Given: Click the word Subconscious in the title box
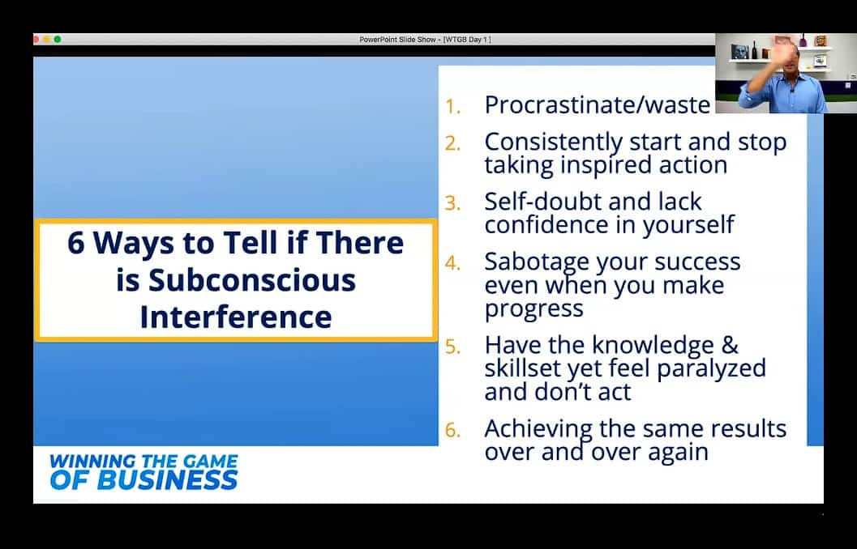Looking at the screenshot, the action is coord(252,280).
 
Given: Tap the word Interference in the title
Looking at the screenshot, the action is coord(236,317).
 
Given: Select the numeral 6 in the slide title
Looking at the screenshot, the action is coord(76,243).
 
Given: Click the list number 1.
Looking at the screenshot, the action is coord(452,106).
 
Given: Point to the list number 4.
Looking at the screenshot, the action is coord(452,263).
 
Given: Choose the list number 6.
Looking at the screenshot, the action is coord(452,430).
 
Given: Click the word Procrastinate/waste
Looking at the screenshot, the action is coord(598,104).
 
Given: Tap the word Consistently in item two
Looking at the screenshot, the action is coord(553,143).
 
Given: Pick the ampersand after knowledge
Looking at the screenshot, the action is coord(730,345).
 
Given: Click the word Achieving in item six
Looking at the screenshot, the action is coord(538,429).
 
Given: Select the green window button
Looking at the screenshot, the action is coord(58,40).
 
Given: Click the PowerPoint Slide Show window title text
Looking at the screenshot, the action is coord(425,40).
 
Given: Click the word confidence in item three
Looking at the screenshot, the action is coord(559,225).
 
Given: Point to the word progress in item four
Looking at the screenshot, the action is coord(534,309).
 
